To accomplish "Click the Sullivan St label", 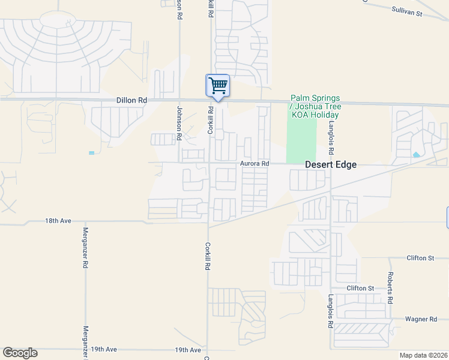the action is pyautogui.click(x=407, y=10).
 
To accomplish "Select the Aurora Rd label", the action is pyautogui.click(x=255, y=163).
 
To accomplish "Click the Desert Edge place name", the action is pyautogui.click(x=331, y=164).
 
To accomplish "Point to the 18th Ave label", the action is pyautogui.click(x=58, y=221).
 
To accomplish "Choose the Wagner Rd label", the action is pyautogui.click(x=421, y=319).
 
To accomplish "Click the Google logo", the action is pyautogui.click(x=20, y=353).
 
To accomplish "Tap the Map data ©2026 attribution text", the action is pyautogui.click(x=423, y=355).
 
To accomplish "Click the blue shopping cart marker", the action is pyautogui.click(x=217, y=85).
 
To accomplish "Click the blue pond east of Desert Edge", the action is pyautogui.click(x=417, y=155).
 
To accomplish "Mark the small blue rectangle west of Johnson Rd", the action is pyautogui.click(x=91, y=153).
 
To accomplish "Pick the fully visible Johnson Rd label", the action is pyautogui.click(x=179, y=124).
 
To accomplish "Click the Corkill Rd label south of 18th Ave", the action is pyautogui.click(x=207, y=256).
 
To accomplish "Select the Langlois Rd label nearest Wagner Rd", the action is pyautogui.click(x=330, y=311).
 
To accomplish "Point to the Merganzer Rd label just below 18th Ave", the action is pyautogui.click(x=85, y=248).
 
